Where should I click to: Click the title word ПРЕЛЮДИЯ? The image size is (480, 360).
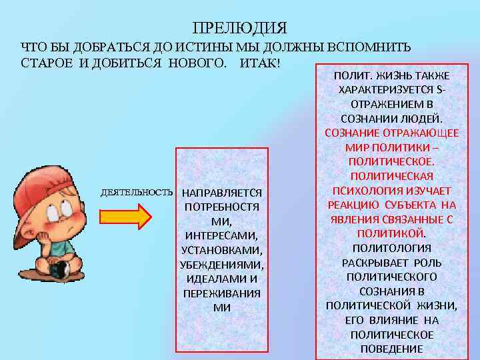[x=239, y=28]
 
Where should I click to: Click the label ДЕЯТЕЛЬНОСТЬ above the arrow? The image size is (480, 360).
[x=137, y=192]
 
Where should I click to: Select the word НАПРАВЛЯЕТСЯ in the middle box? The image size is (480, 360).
[x=221, y=193]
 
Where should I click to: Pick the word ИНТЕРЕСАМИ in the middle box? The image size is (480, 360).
[x=221, y=236]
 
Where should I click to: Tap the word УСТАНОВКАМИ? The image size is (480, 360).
[x=221, y=251]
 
